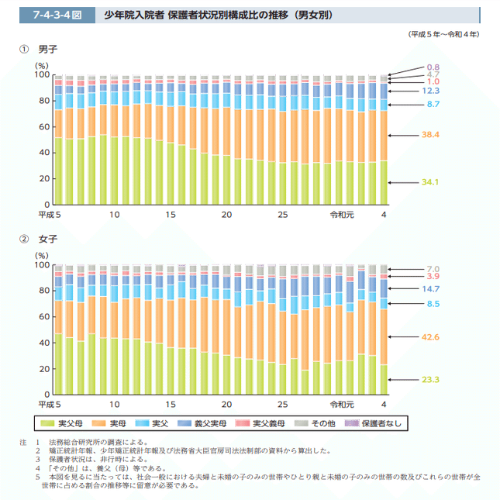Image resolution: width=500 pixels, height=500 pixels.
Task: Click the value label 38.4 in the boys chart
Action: (430, 135)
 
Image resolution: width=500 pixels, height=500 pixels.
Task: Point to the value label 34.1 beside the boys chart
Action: (430, 182)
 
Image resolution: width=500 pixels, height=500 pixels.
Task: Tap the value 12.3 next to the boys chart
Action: (430, 91)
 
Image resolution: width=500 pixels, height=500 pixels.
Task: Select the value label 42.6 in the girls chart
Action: (430, 337)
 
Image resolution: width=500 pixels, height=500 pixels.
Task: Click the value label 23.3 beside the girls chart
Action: (430, 379)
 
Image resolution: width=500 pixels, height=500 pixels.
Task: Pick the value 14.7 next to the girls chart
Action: (430, 288)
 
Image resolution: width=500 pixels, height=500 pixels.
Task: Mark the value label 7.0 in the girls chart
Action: (433, 268)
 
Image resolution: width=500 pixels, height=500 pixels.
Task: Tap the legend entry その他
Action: (322, 423)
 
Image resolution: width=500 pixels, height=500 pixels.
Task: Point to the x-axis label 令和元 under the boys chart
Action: (341, 214)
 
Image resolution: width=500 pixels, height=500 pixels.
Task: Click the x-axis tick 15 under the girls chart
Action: (171, 405)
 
